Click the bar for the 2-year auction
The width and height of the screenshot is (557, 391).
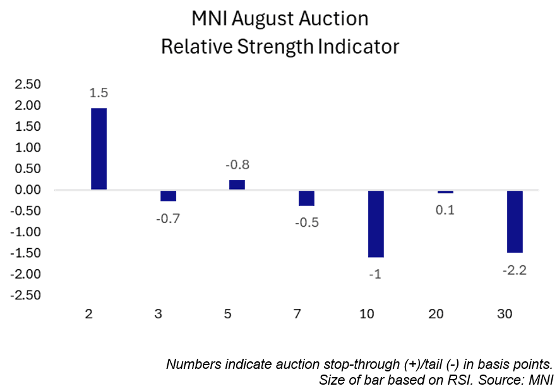(x=99, y=148)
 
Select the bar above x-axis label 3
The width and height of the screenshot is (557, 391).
(x=168, y=196)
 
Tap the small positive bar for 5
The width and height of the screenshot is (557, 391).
(x=237, y=184)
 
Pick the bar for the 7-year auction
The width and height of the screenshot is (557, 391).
(x=307, y=198)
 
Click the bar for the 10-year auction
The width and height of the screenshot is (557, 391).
(x=376, y=224)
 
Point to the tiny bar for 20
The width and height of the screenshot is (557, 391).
(x=445, y=192)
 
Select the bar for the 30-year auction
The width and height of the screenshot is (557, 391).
(x=515, y=221)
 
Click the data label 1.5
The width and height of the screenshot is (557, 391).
(x=99, y=93)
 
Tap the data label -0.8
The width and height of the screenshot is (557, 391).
(x=237, y=165)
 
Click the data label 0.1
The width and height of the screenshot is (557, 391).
(x=445, y=210)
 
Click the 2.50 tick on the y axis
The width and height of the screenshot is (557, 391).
(x=27, y=84)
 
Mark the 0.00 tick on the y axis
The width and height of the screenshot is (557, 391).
(x=27, y=189)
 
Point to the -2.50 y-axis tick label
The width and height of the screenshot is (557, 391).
(x=25, y=295)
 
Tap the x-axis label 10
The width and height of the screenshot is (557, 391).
(x=376, y=313)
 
